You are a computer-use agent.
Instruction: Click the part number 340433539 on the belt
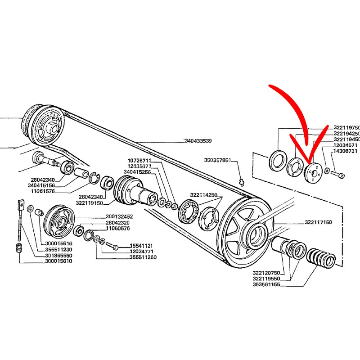pos(198,141)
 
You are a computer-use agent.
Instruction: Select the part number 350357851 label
pos(218,160)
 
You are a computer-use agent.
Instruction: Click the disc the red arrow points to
pos(311,171)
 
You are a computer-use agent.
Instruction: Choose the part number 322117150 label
pos(318,223)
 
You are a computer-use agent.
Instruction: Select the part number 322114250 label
pos(203,195)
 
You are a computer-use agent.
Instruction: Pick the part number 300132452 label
pos(119,216)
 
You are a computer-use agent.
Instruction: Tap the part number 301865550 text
pos(58,255)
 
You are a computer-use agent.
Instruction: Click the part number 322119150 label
pos(90,203)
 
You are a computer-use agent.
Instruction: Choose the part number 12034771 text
pos(143,252)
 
